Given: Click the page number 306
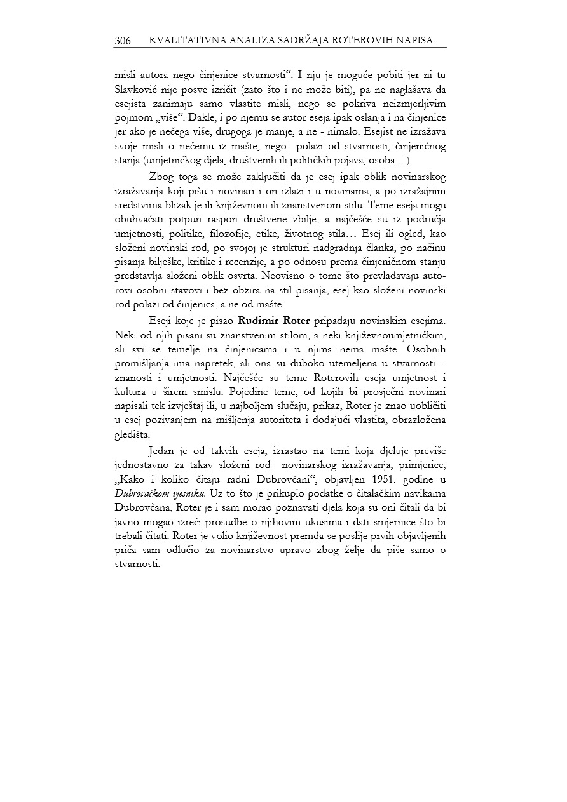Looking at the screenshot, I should pyautogui.click(x=123, y=41).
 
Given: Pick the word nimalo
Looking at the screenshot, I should pyautogui.click(x=357, y=124).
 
